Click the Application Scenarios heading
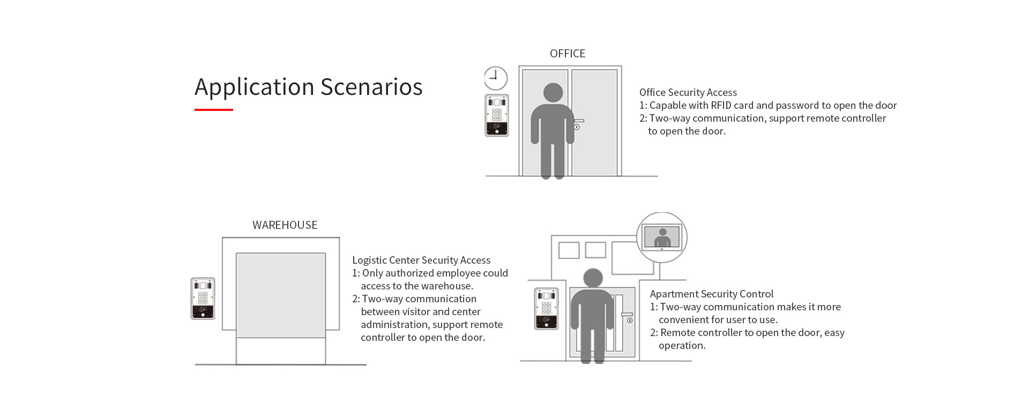pos(308,87)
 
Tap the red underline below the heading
pos(213,110)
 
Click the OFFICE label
pos(568,54)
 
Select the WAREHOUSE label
pos(285,225)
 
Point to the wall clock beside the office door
pos(496,78)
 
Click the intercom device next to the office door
pos(497,115)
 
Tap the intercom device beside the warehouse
pos(203,299)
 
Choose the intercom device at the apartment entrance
pos(546,308)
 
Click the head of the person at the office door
pos(553,93)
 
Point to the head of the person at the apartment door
pos(593,278)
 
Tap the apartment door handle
pos(627,315)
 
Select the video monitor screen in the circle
pos(662,236)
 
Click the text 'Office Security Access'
pos(688,93)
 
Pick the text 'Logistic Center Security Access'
pos(421,260)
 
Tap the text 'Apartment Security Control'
pos(711,294)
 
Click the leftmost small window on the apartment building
pos(569,250)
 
